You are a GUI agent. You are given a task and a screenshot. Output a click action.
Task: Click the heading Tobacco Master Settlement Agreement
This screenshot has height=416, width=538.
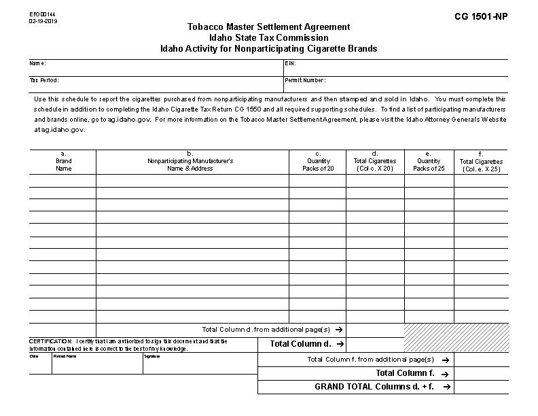269,27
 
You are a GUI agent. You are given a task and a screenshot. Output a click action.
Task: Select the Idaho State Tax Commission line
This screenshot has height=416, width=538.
269,38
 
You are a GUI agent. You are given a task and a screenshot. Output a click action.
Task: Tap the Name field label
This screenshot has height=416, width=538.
37,63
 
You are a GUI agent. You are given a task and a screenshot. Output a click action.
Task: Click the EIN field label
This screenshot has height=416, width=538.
291,63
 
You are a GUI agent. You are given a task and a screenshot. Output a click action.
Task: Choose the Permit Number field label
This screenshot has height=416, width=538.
305,80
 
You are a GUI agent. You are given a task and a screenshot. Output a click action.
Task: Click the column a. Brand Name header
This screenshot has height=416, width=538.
63,161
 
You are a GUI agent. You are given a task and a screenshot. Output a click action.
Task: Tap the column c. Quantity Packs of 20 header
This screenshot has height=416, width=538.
318,161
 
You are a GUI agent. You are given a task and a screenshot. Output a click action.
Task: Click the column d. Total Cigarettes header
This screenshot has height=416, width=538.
375,161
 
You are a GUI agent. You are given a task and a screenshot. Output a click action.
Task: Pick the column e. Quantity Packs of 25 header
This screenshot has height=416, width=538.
429,161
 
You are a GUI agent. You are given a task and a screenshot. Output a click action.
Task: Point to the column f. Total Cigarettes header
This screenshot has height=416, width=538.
481,162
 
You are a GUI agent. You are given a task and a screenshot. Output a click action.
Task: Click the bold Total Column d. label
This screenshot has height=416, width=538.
300,344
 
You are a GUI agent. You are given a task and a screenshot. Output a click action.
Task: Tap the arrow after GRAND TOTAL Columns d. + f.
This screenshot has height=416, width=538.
446,387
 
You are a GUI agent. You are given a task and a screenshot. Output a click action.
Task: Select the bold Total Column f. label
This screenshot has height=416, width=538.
405,373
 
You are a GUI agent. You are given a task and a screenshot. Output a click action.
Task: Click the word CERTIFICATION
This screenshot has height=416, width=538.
50,341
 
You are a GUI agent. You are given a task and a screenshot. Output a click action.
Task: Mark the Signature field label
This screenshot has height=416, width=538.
152,356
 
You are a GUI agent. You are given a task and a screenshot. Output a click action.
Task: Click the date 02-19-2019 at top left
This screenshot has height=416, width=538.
43,21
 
